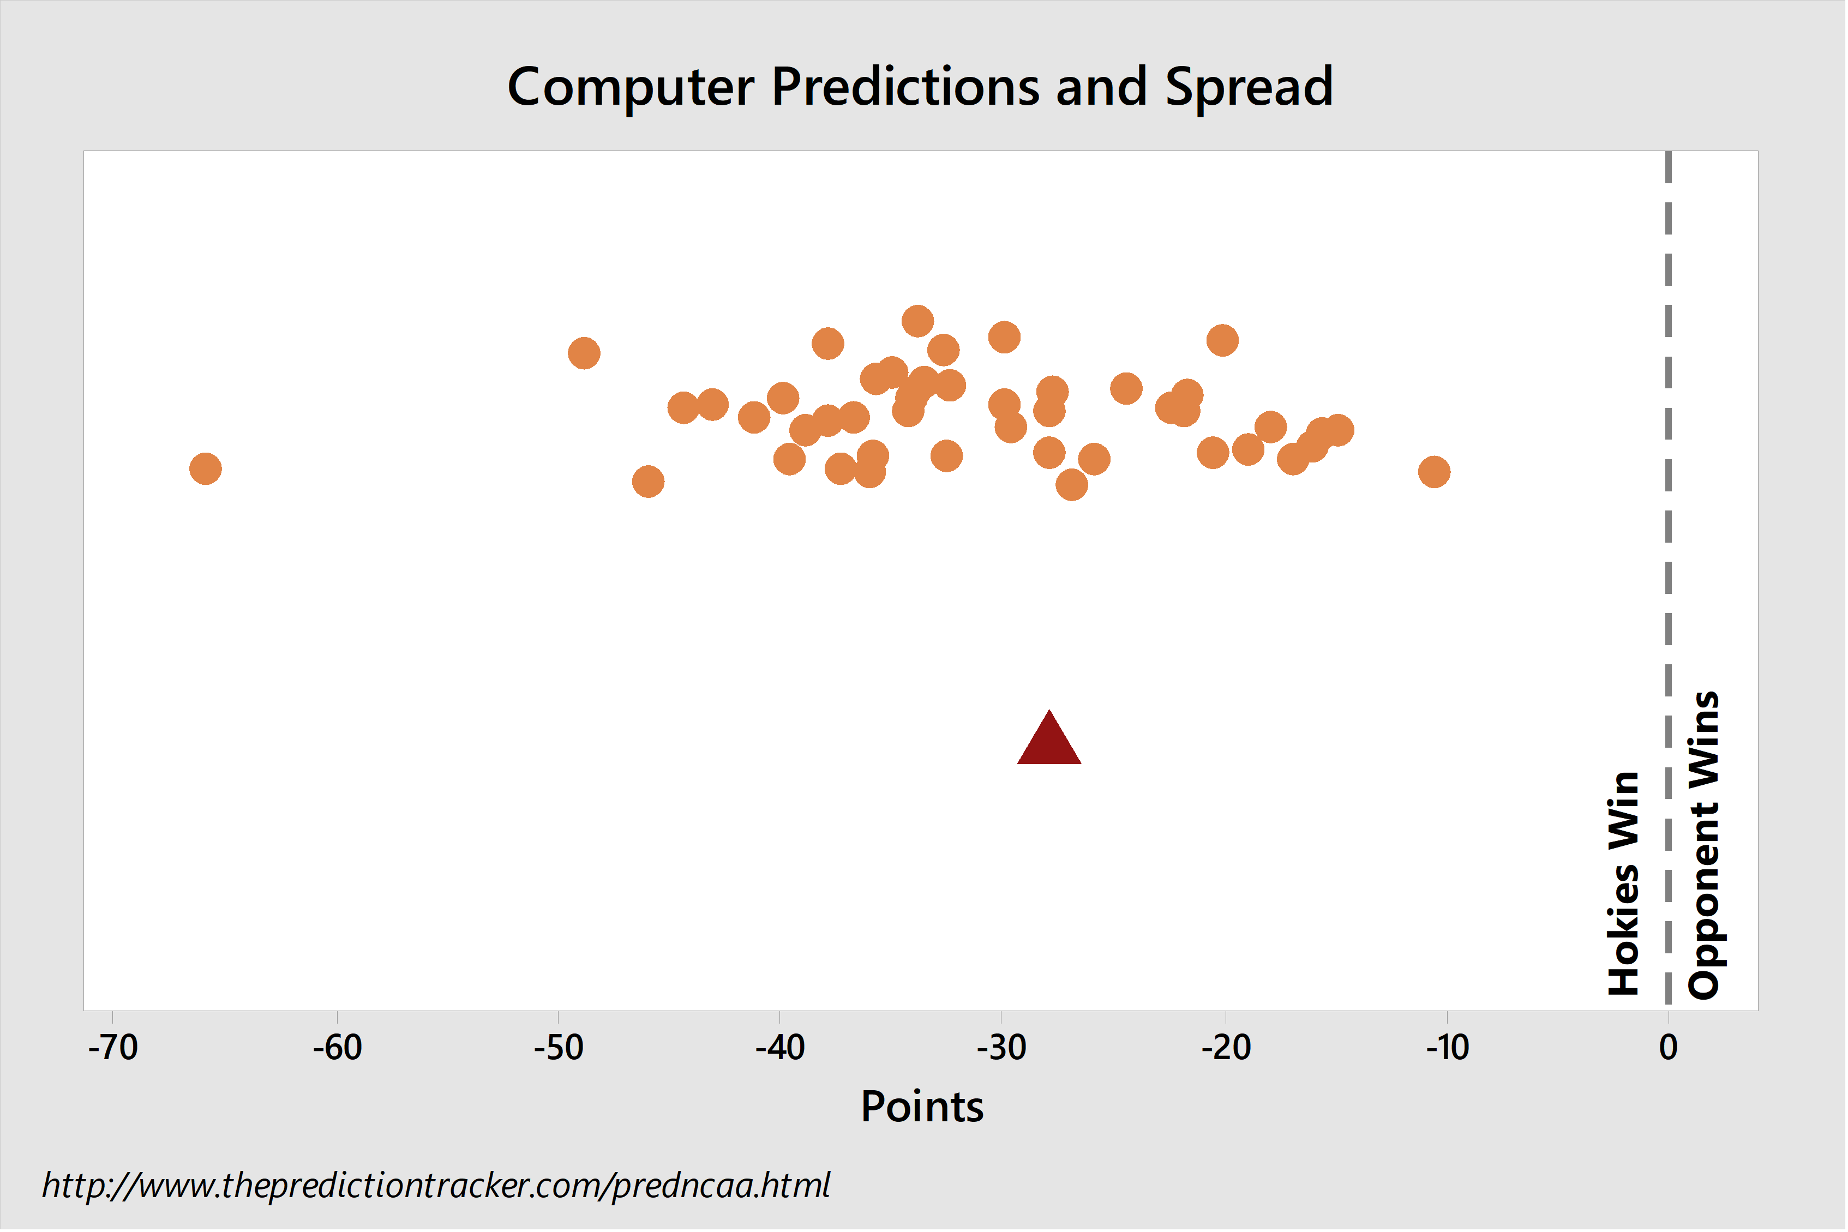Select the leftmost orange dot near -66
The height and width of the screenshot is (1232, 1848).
point(206,469)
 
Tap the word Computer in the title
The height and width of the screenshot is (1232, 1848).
point(631,88)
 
